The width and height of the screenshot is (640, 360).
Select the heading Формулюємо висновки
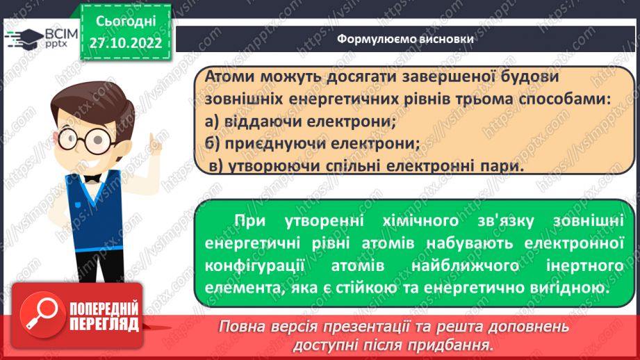[406, 39]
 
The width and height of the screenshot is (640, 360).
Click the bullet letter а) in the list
[214, 122]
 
